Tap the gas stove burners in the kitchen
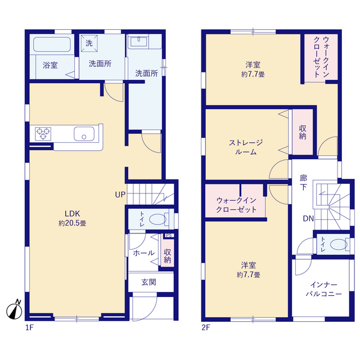pos(43,134)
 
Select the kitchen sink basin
pos(84,134)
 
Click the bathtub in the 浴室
pos(52,44)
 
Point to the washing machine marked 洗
pos(89,43)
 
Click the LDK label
pos(72,214)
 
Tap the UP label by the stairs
pos(120,195)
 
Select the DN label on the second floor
pos(308,218)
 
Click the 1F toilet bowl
pos(157,219)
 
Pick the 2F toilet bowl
pos(339,244)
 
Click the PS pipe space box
pos(169,235)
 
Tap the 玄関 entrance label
pos(148,282)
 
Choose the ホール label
pos(144,253)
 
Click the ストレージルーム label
pos(246,147)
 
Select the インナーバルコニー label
pos(324,289)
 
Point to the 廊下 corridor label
pos(303,182)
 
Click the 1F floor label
pos(29,327)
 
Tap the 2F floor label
pos(206,327)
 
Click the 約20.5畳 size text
pos(73,223)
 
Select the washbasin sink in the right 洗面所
pos(138,42)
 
